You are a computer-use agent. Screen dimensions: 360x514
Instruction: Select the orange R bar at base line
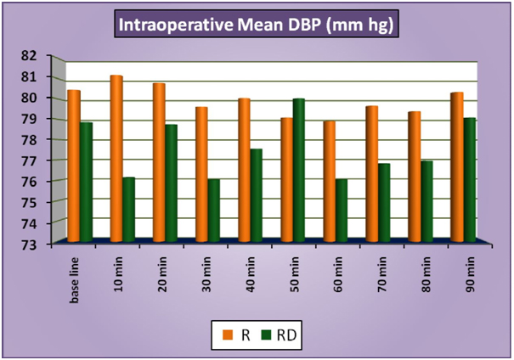coord(74,166)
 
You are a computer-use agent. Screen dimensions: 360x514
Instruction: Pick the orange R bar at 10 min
coord(116,158)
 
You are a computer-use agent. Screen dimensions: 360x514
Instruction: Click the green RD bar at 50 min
coord(298,170)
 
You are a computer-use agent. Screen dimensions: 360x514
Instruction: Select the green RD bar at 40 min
coord(256,195)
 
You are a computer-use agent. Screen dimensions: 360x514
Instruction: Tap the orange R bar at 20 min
coord(159,162)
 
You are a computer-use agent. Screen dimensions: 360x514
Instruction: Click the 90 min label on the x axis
coord(462,268)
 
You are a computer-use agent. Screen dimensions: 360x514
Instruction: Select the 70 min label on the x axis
coord(377,268)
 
